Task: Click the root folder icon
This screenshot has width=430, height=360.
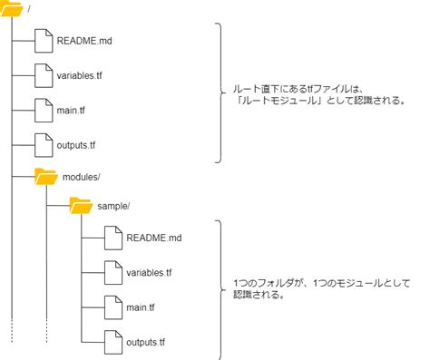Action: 12,8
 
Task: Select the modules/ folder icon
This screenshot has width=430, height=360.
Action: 46,177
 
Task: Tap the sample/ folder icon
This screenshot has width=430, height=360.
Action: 81,206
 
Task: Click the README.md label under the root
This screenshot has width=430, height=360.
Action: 84,41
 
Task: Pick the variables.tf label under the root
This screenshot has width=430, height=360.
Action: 79,75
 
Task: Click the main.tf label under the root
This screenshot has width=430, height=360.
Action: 71,110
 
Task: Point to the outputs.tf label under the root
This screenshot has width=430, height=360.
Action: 76,145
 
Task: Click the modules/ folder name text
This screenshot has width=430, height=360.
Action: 81,177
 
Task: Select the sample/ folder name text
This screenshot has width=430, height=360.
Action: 113,206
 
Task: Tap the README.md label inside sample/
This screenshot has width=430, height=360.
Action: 154,238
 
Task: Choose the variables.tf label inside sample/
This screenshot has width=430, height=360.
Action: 149,273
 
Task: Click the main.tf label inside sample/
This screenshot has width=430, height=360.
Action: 141,307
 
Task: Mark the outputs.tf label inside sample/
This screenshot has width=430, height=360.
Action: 145,342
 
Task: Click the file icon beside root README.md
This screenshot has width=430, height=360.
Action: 44,41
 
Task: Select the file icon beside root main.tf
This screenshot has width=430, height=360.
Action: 44,111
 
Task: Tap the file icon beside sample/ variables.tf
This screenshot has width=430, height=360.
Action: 113,273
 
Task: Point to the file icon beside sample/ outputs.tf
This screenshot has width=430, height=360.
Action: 113,342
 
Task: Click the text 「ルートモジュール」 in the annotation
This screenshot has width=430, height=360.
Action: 279,101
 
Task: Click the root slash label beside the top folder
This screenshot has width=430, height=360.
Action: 29,9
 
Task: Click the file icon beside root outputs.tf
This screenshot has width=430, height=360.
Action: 44,145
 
